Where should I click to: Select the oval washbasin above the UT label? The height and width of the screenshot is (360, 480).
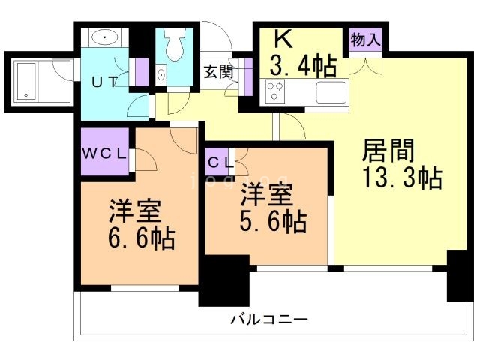tap(103, 37)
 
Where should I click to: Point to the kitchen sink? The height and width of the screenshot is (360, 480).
tap(330, 92)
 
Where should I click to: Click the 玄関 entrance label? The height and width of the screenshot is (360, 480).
tap(218, 72)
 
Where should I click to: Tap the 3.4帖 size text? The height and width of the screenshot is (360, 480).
tap(303, 67)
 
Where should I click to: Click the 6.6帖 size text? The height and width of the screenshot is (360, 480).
tap(141, 238)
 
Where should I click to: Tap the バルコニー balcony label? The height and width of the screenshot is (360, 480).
tap(269, 319)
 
